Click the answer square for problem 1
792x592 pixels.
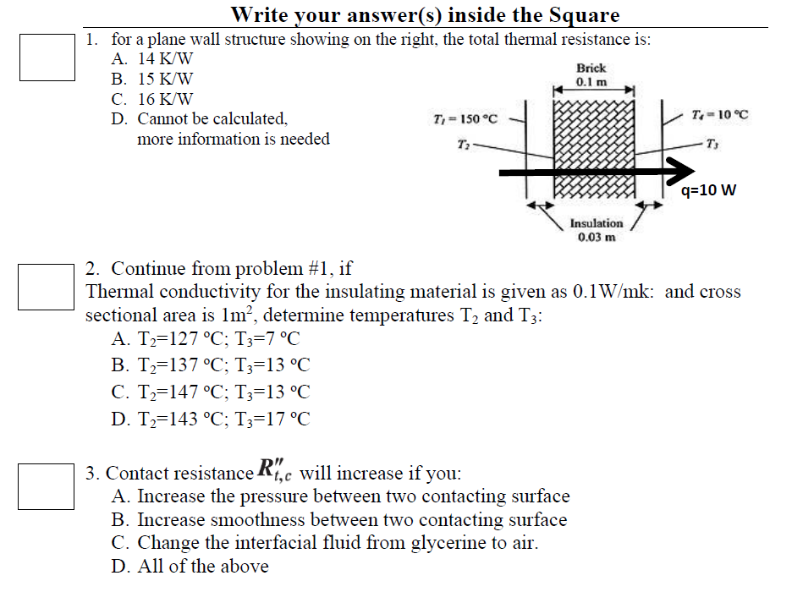click(47, 57)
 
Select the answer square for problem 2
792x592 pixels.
click(47, 286)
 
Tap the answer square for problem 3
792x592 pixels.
click(47, 486)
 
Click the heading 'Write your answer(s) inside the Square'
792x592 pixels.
click(425, 14)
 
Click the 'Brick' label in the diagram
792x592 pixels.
click(591, 68)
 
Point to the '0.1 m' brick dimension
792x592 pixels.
click(591, 81)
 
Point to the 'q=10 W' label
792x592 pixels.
click(708, 190)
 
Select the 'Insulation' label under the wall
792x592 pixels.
click(596, 223)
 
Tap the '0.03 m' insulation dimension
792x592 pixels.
click(596, 237)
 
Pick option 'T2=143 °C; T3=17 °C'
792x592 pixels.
click(211, 418)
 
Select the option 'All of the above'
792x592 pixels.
click(190, 567)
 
